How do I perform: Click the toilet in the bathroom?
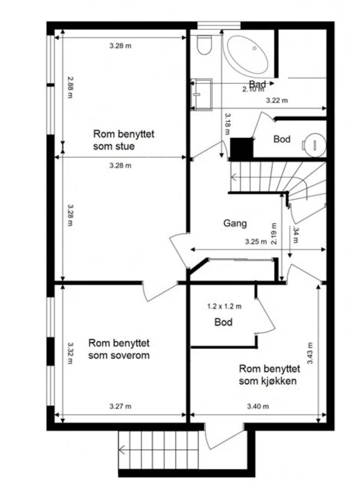[x=204, y=45]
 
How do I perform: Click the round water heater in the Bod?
[x=314, y=144]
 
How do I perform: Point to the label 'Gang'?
[x=235, y=223]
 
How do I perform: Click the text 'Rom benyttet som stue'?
[x=123, y=140]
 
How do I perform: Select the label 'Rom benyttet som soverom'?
[x=119, y=348]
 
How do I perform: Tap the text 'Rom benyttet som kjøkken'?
[x=270, y=375]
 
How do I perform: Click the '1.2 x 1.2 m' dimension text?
[x=224, y=306]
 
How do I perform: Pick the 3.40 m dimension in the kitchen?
[x=261, y=407]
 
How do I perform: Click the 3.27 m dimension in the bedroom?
[x=120, y=407]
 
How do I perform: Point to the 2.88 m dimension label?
[x=70, y=88]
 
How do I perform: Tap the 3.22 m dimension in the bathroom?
[x=277, y=100]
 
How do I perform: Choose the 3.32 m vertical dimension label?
[x=70, y=353]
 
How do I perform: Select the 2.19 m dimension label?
[x=274, y=234]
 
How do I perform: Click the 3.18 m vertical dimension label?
[x=227, y=124]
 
